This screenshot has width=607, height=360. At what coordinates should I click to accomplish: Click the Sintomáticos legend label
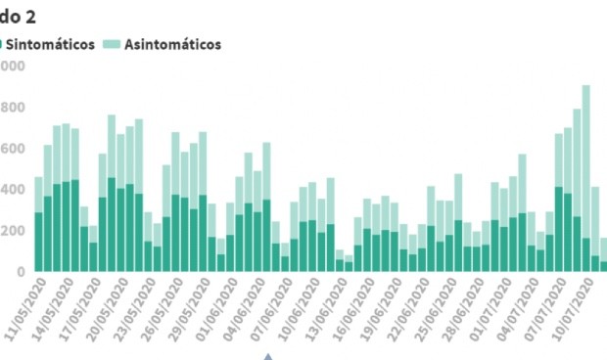click(54, 44)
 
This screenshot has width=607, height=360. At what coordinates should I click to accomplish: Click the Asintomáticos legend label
click(172, 44)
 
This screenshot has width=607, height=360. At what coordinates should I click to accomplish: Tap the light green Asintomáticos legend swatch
click(111, 44)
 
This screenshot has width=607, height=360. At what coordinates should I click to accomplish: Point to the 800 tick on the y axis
click(12, 107)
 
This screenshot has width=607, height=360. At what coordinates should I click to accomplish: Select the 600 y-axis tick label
click(12, 149)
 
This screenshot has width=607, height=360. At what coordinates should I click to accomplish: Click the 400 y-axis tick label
click(12, 190)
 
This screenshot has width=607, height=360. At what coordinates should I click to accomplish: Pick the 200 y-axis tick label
click(12, 231)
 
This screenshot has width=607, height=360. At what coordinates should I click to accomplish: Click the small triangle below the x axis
click(265, 355)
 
